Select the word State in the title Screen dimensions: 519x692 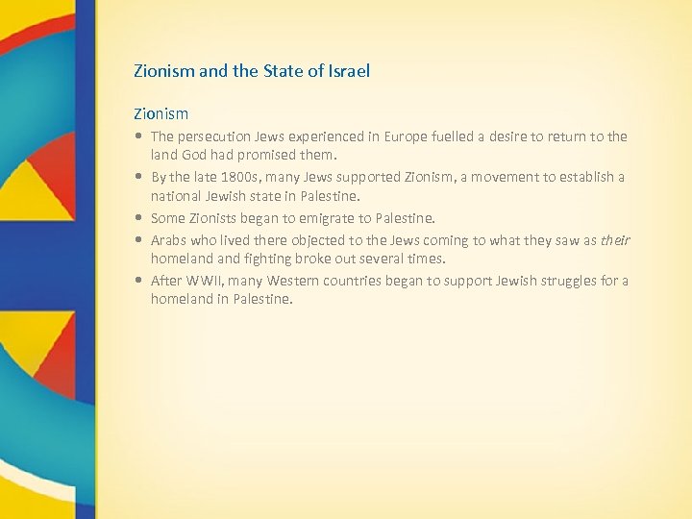(x=279, y=71)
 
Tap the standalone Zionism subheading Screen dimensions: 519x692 (x=161, y=113)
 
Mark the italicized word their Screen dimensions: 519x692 (x=615, y=241)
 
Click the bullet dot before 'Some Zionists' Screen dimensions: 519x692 (x=140, y=218)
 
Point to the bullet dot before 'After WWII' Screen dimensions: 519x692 (x=140, y=282)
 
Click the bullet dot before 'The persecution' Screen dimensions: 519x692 (x=140, y=136)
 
